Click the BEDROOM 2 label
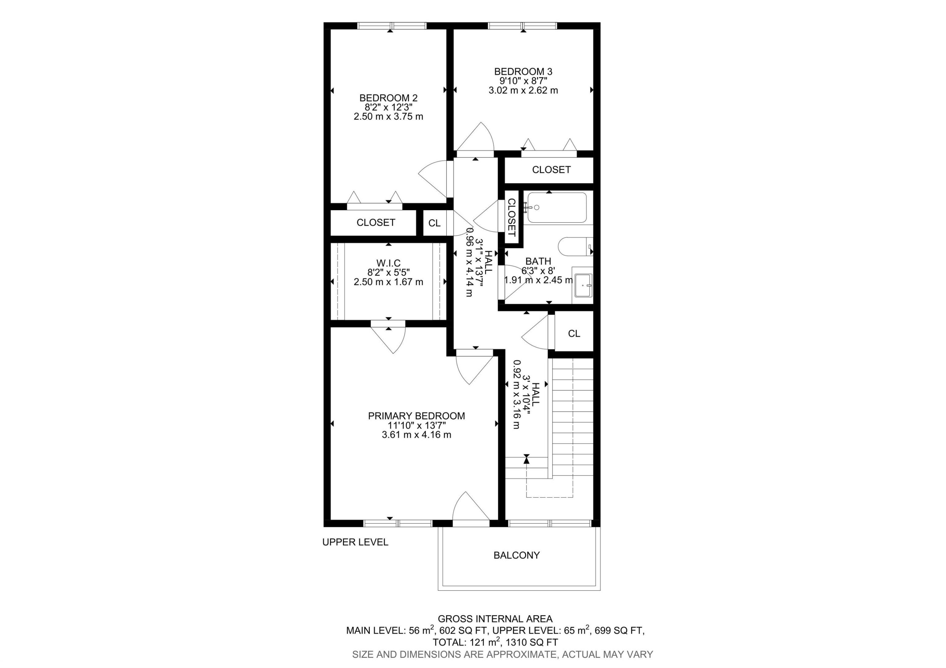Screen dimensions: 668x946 click(x=388, y=98)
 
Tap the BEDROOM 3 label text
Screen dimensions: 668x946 click(x=523, y=72)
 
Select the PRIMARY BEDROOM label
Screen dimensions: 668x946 click(x=416, y=416)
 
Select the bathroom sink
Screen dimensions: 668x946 click(x=583, y=285)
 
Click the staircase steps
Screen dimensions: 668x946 click(x=573, y=416)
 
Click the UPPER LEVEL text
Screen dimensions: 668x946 click(x=355, y=542)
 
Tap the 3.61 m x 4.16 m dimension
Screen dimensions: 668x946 click(x=416, y=435)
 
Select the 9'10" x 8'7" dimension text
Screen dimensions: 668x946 click(x=523, y=81)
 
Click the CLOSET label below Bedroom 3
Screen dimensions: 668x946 click(x=551, y=170)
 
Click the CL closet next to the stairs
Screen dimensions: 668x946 click(x=574, y=334)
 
